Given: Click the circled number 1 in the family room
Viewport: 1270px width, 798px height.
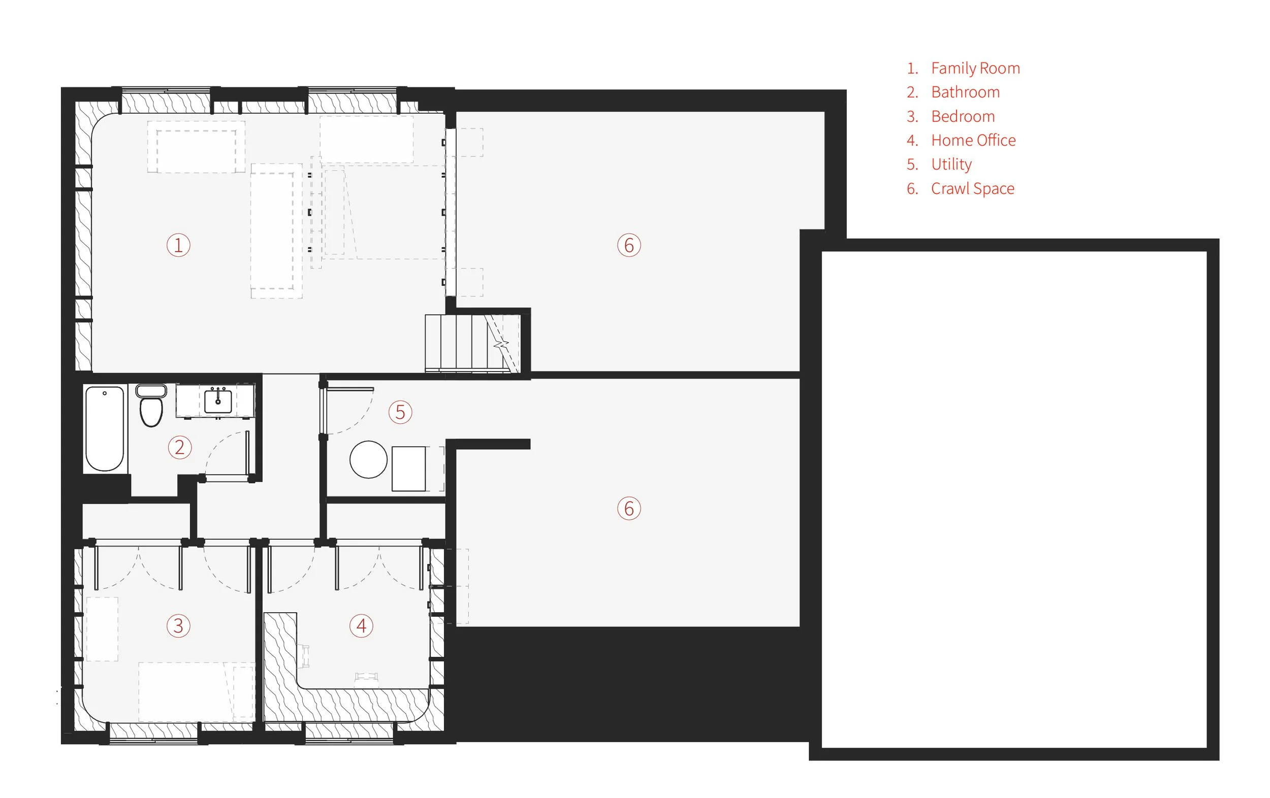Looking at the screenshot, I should pyautogui.click(x=178, y=245).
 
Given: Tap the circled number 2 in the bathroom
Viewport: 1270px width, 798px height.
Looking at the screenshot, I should pyautogui.click(x=179, y=448).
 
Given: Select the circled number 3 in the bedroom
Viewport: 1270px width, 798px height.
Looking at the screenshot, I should pyautogui.click(x=178, y=625).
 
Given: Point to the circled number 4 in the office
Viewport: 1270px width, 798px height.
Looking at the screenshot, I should pyautogui.click(x=361, y=625).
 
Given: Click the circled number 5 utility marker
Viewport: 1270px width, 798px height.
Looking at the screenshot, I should pyautogui.click(x=400, y=412).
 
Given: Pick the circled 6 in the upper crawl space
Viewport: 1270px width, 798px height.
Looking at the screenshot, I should pyautogui.click(x=629, y=245).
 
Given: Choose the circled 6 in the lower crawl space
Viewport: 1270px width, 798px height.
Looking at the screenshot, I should pyautogui.click(x=629, y=509).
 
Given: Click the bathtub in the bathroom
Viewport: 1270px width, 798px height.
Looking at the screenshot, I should pyautogui.click(x=105, y=428).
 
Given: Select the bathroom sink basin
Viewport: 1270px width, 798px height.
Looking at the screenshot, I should pyautogui.click(x=218, y=402).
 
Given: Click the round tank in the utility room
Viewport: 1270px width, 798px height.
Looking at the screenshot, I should pyautogui.click(x=368, y=459).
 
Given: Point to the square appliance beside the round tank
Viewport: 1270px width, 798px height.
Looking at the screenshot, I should pyautogui.click(x=409, y=469).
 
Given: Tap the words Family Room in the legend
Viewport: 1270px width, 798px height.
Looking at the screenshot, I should pyautogui.click(x=975, y=68).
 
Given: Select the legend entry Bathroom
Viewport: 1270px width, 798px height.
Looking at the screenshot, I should pyautogui.click(x=965, y=92).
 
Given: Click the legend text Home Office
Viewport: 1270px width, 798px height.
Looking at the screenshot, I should pyautogui.click(x=973, y=140).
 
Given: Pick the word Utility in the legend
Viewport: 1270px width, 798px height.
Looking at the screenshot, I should pyautogui.click(x=951, y=164).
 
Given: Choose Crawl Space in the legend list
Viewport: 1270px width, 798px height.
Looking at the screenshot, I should pyautogui.click(x=972, y=189).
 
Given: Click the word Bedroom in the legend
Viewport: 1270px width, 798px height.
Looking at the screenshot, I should pyautogui.click(x=963, y=116).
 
